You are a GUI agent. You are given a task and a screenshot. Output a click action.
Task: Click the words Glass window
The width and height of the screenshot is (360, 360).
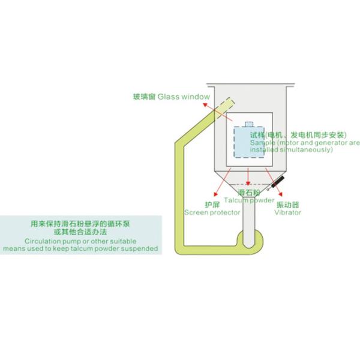(x=185, y=97)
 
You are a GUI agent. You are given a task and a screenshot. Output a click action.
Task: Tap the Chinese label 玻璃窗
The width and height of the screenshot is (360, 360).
(x=145, y=97)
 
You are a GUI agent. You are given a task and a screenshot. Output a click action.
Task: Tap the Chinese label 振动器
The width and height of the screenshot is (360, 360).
(x=286, y=205)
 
